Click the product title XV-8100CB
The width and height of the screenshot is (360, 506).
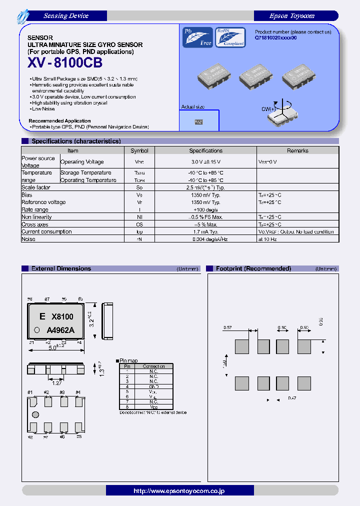[65, 63]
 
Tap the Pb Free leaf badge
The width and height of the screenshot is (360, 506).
[197, 37]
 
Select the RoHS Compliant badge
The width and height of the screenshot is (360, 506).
[230, 37]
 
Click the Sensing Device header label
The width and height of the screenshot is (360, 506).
[65, 16]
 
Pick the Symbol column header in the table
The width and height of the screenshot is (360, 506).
[139, 150]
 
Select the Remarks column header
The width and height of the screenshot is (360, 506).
[297, 150]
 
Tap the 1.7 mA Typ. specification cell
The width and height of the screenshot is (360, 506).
[205, 232]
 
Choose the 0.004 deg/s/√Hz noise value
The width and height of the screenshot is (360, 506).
[205, 239]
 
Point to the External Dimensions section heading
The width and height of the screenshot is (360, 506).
[61, 268]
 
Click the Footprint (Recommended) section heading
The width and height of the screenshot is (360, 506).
[253, 268]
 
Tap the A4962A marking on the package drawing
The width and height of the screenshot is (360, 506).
[60, 329]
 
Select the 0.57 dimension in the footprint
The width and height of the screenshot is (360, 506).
[227, 327]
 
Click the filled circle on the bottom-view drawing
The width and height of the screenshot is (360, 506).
[35, 414]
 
